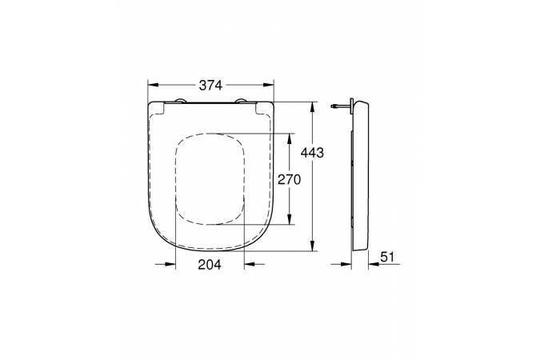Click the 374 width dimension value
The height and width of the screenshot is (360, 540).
pos(210,85)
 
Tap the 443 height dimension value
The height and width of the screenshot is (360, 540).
pos(312,153)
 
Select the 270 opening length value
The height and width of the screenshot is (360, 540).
pos(290,179)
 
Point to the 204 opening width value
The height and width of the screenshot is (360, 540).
pos(210,265)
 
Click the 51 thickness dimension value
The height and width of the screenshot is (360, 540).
pos(387,257)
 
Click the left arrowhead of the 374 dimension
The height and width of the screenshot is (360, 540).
pos(153,85)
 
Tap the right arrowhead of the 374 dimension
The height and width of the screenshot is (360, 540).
pos(269,85)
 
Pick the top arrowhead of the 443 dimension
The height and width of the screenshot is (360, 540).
pos(312,107)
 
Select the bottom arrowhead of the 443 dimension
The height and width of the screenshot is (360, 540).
pos(312,246)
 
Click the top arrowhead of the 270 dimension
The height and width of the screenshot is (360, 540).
pos(290,139)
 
